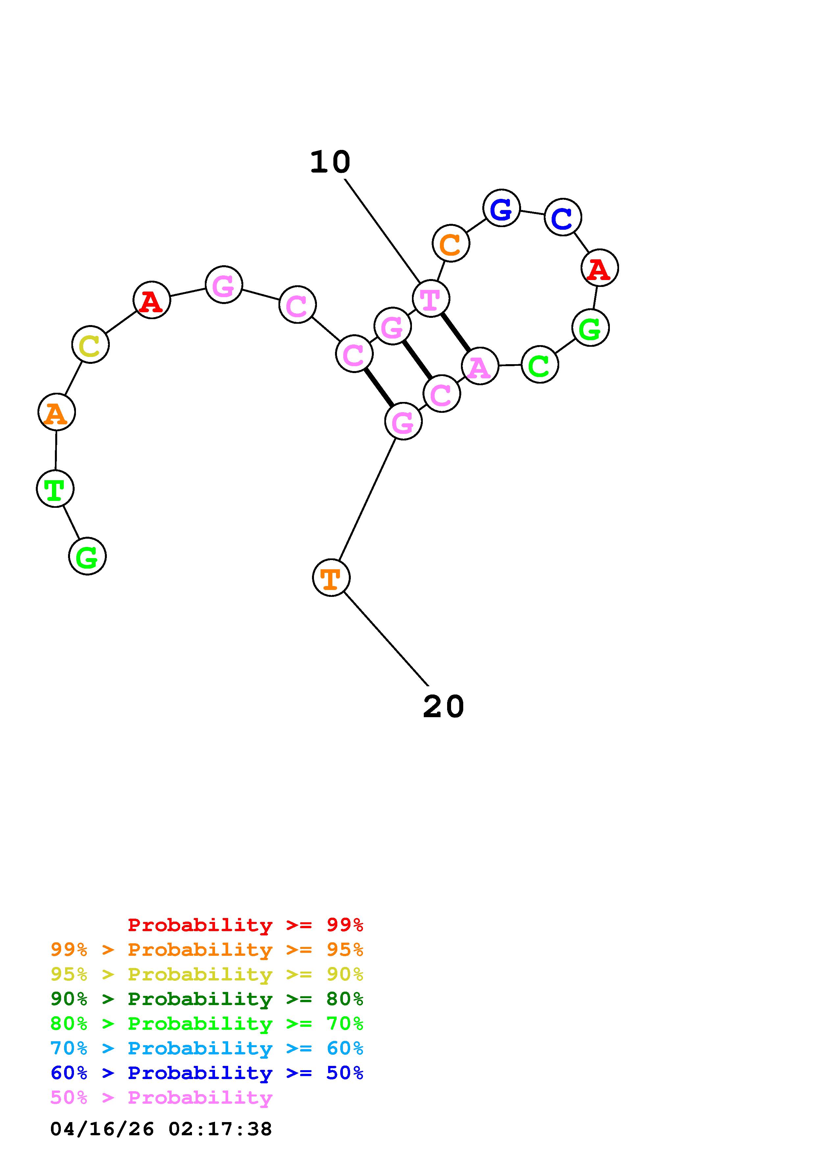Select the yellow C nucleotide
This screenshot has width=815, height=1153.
tap(90, 344)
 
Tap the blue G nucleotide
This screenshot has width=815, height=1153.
tap(501, 208)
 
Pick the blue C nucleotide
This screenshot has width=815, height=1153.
tap(563, 217)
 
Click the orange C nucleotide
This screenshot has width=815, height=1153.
tap(450, 244)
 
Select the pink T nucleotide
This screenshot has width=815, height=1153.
tap(430, 299)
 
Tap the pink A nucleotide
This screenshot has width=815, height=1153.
tap(480, 366)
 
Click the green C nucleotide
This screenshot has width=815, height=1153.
tap(540, 365)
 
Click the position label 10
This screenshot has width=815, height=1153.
tap(330, 162)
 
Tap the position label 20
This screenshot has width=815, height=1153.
tap(443, 707)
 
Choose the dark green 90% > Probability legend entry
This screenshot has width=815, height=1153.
tap(206, 999)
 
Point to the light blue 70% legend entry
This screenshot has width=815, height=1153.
tap(206, 1048)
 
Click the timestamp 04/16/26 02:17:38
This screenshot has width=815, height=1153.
tap(161, 1129)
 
